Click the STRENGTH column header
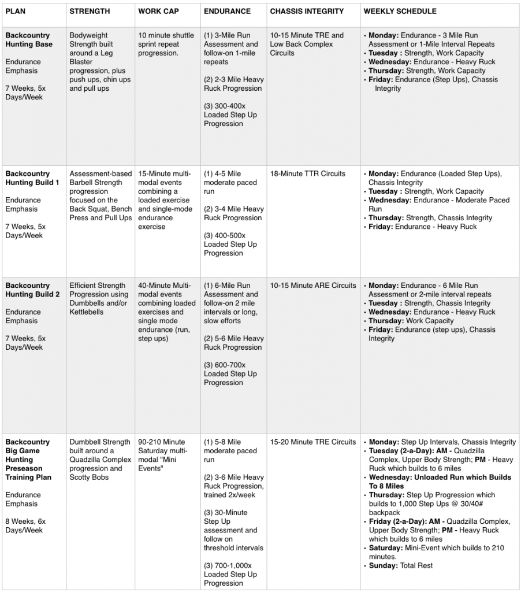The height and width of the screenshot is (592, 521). pos(90,11)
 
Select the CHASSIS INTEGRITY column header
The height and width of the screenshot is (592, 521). pos(307,11)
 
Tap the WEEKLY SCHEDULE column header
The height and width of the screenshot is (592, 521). pos(400,11)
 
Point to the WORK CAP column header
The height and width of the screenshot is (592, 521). pos(157,11)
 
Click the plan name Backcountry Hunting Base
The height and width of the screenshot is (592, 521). pos(29,40)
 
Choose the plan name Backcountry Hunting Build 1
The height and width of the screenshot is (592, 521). pos(32,178)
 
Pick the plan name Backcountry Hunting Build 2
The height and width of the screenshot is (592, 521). pos(32,290)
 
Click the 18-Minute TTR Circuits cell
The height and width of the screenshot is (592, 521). pos(307,173)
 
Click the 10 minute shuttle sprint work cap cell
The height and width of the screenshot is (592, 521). pos(166,44)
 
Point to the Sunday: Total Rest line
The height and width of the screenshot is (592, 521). pos(401,565)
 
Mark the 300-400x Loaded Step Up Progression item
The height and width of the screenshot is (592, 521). pos(230,115)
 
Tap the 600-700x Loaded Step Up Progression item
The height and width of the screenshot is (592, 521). pos(230,373)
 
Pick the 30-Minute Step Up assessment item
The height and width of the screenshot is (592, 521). pos(233,530)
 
